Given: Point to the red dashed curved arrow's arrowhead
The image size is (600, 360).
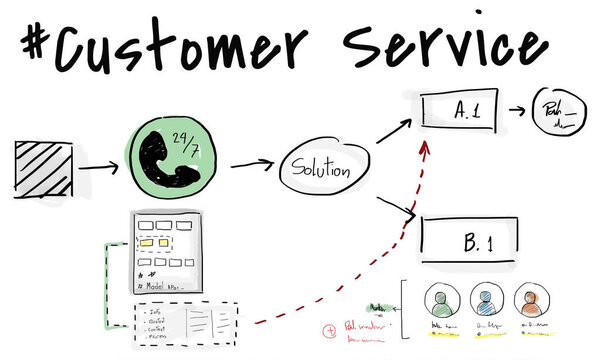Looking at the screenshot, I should (x=425, y=147).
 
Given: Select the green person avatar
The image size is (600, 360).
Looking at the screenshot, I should (x=441, y=301).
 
